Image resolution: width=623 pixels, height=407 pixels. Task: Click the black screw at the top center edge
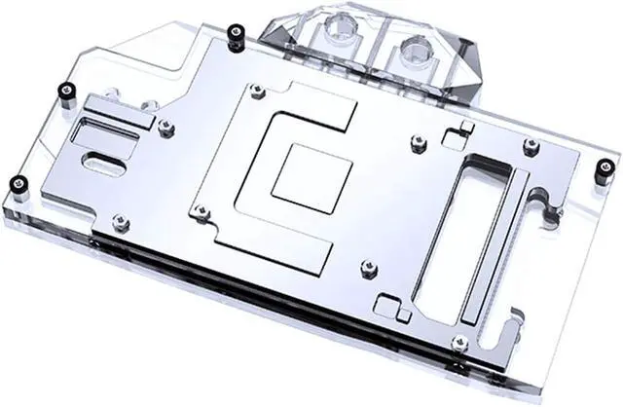[233, 35]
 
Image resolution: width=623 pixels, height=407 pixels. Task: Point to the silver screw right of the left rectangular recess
[165, 125]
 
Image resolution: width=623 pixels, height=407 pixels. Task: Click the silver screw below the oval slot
[121, 223]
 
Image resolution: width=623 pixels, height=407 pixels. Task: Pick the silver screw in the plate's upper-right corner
[531, 147]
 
